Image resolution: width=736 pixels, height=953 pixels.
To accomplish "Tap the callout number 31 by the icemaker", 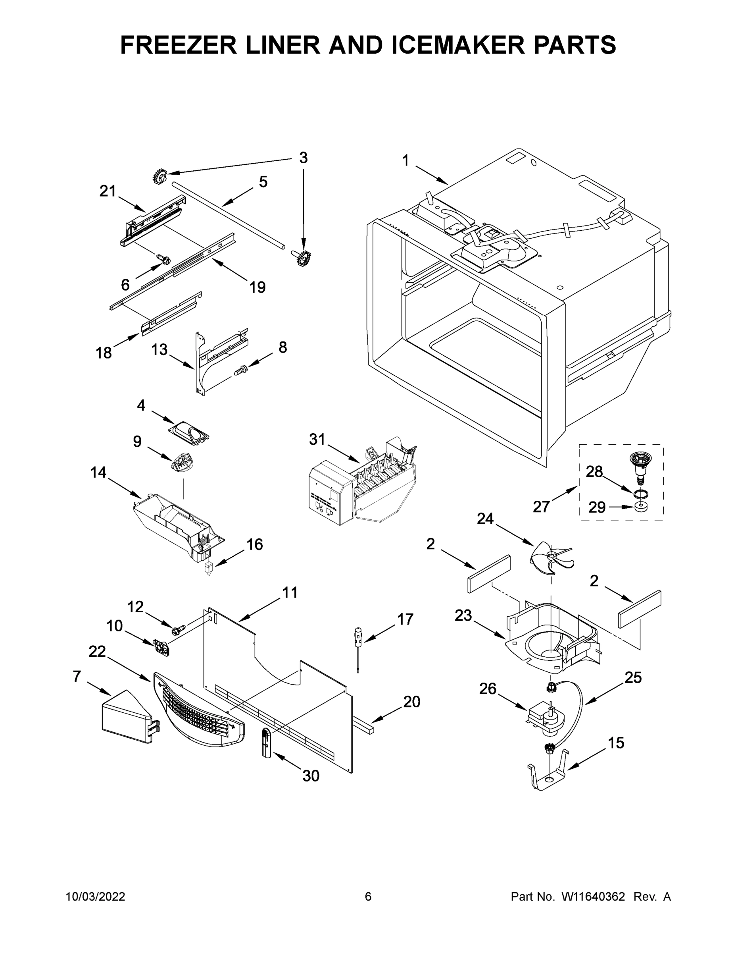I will [317, 440].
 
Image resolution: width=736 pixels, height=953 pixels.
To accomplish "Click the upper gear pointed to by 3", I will [160, 177].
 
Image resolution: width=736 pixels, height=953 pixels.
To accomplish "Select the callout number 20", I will [411, 702].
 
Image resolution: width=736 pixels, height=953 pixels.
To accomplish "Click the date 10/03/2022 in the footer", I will [95, 897].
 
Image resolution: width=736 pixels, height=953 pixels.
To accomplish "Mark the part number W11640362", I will [593, 897].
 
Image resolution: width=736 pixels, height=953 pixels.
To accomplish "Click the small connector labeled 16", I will [209, 568].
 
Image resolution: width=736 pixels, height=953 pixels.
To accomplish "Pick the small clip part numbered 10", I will [161, 647].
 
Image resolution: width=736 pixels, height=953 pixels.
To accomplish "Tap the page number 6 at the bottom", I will [368, 897].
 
